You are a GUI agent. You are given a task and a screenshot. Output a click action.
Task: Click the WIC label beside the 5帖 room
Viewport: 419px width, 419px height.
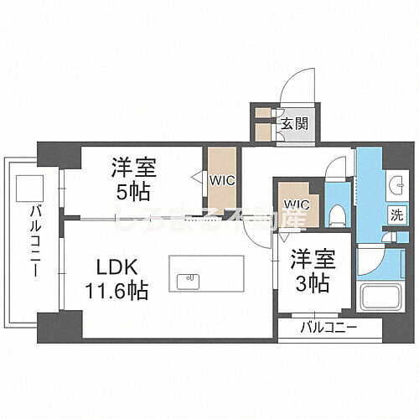pyautogui.click(x=222, y=178)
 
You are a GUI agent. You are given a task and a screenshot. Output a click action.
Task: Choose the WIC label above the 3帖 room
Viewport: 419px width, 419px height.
pyautogui.click(x=297, y=204)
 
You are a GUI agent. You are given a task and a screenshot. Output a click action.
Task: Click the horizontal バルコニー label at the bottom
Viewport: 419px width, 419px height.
pyautogui.click(x=329, y=327)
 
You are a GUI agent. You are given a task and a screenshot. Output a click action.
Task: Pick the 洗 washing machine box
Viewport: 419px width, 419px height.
pyautogui.click(x=394, y=214)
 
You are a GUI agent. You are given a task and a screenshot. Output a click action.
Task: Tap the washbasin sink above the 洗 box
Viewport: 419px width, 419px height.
pyautogui.click(x=394, y=184)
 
